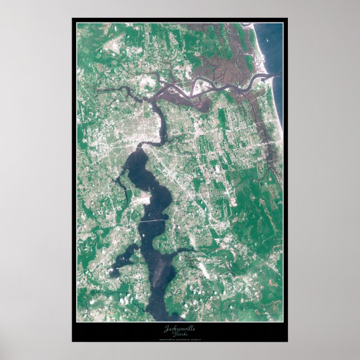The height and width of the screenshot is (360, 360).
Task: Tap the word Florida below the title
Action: (181, 334)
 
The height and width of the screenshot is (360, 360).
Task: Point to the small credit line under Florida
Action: (180, 339)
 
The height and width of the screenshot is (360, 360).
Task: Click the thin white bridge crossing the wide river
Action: (152, 221)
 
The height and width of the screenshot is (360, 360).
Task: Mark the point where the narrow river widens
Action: (140, 146)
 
